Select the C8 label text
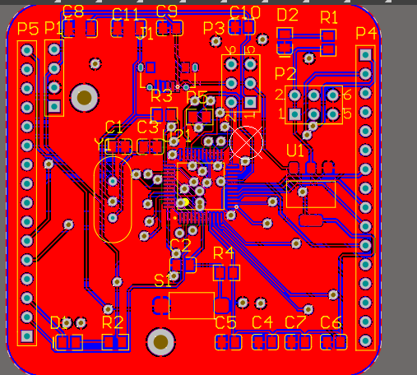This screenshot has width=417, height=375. [x=73, y=11]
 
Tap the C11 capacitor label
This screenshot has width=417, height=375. [x=126, y=14]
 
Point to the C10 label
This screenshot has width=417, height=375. [x=245, y=12]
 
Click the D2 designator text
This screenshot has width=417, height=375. [x=288, y=15]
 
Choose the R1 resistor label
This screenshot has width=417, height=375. [x=329, y=17]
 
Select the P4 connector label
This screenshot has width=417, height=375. [x=366, y=34]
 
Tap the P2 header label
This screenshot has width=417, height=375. [x=285, y=75]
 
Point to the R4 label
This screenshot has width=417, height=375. [x=224, y=252]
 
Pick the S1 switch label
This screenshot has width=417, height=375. [x=164, y=280]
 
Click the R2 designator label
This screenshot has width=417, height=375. [x=113, y=322]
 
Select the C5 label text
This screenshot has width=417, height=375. [x=225, y=322]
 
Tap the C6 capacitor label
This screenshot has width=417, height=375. [x=331, y=322]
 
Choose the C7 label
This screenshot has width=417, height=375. [x=295, y=322]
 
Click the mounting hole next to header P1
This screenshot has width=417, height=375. [x=84, y=98]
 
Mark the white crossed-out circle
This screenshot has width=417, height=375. [x=246, y=142]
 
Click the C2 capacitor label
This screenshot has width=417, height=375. [x=180, y=245]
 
